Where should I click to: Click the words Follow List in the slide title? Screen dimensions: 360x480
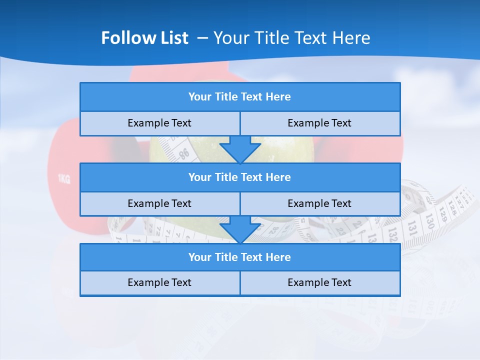[x=144, y=38]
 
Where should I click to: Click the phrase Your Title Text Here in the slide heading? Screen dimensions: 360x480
[x=291, y=38]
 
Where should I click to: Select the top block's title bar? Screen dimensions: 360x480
[x=239, y=97]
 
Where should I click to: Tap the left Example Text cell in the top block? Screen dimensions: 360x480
[x=159, y=123]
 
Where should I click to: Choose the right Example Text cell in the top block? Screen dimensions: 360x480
[x=319, y=123]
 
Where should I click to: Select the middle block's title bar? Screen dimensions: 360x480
[x=239, y=177]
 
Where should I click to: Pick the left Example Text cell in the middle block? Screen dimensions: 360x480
[x=159, y=203]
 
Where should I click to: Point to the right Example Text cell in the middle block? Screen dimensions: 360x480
[x=319, y=203]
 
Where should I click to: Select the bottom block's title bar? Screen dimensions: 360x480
[x=239, y=257]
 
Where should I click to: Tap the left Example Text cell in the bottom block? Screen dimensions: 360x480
[x=159, y=282]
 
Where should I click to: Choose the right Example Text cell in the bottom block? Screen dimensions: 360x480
[x=319, y=282]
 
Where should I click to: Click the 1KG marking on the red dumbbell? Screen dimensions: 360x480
[x=64, y=179]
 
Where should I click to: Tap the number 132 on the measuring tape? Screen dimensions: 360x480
[x=392, y=232]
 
